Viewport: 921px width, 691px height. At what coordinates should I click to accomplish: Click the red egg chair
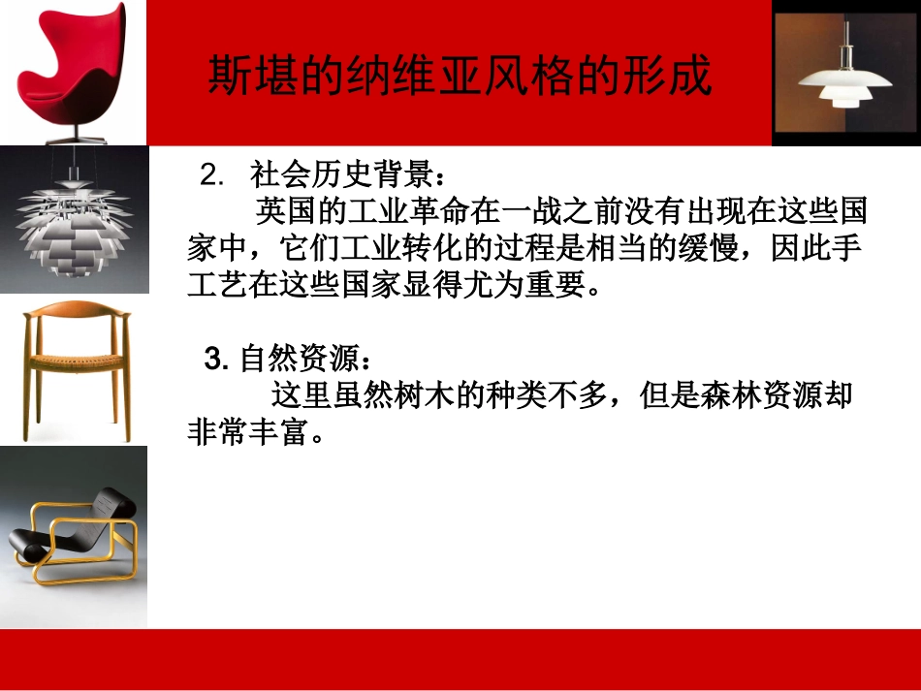73,68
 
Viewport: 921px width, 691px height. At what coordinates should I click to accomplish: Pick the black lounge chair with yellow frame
74,539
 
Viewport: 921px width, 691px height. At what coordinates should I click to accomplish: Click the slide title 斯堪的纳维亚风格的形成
460,76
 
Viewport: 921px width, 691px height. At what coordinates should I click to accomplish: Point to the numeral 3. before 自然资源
215,361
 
